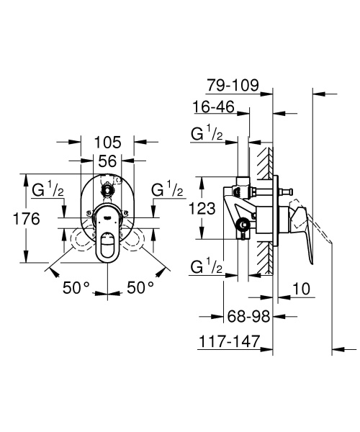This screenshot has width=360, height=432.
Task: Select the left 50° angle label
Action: click(76, 287)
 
